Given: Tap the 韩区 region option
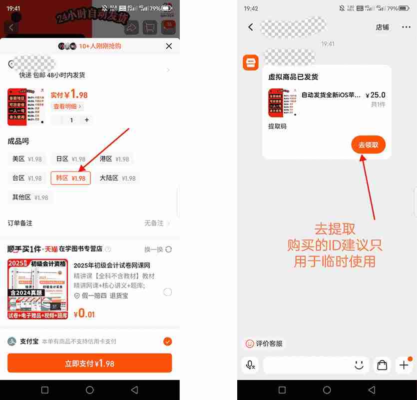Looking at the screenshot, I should (70, 178).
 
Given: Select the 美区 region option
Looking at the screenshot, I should (27, 159).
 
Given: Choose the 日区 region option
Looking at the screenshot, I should (70, 159).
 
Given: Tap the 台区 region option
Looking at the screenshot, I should (27, 178).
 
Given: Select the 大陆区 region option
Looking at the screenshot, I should (117, 178).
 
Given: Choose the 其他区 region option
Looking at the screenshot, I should (30, 197).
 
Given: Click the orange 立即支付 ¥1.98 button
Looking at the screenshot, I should (89, 363).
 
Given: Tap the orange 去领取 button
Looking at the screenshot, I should (368, 145).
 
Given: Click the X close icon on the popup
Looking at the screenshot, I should (169, 46).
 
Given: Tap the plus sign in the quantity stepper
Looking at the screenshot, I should (87, 120).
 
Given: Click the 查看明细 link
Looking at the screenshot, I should (67, 106).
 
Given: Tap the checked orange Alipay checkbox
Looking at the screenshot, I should (167, 341).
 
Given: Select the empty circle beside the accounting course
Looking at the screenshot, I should (167, 292).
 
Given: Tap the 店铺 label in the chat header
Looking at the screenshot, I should (382, 27).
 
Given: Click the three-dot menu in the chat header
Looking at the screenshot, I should (406, 27).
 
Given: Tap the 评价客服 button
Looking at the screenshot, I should (264, 343).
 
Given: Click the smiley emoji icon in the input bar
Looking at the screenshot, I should (359, 365).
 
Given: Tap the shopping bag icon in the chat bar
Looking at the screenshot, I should (382, 365).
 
